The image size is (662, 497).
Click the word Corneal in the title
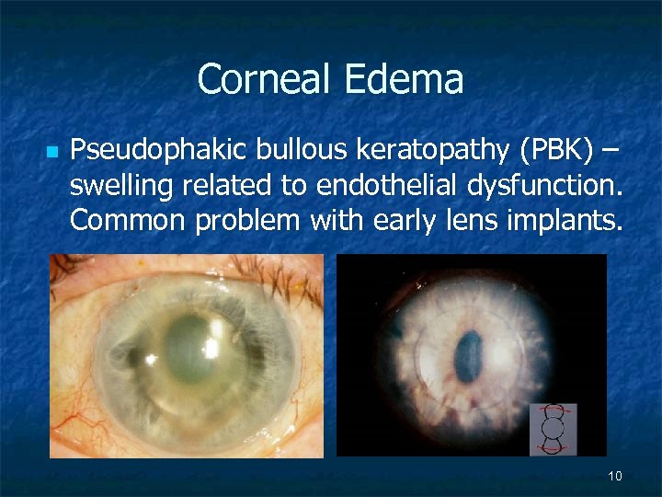[x=266, y=79]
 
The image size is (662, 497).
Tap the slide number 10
[x=615, y=476]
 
